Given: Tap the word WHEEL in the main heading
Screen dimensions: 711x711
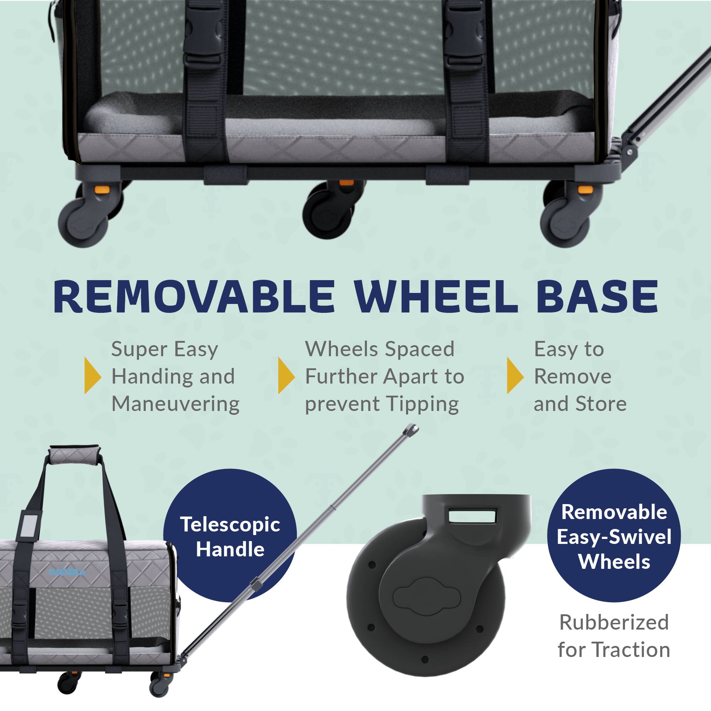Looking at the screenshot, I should point(435,296).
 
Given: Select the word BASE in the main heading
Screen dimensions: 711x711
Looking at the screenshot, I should point(597,296).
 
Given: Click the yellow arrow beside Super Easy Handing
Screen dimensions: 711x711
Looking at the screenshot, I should point(92,375).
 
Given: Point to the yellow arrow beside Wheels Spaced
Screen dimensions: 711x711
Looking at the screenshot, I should point(286,375).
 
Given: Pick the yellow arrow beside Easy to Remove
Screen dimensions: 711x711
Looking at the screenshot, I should point(515,375).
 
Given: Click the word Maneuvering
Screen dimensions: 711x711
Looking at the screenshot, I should point(176,404).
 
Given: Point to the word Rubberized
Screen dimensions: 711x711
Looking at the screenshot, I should point(614,622).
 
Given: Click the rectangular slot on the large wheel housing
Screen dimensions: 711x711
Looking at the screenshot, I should point(473,515).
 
